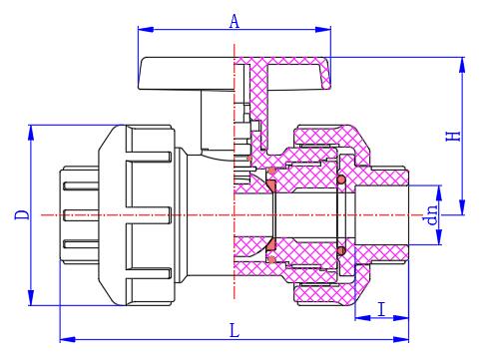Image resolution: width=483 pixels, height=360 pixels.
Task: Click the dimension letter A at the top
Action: pos(235,22)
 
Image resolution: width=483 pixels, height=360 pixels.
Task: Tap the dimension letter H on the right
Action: pos(453,136)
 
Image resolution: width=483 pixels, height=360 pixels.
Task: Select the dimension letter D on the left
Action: pos(22,214)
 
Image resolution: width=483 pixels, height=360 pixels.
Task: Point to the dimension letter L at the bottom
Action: pos(235,331)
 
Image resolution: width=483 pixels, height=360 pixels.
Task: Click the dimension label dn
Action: pos(431,215)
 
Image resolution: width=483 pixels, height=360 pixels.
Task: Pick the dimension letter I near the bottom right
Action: pos(382,309)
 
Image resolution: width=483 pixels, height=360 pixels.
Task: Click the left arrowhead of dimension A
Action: pos(146,29)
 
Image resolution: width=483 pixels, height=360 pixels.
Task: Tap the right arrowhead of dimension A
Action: pos(323,29)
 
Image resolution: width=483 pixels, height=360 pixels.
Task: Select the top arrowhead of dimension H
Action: pos(462,65)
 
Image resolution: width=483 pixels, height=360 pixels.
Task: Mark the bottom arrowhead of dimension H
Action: pos(462,207)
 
